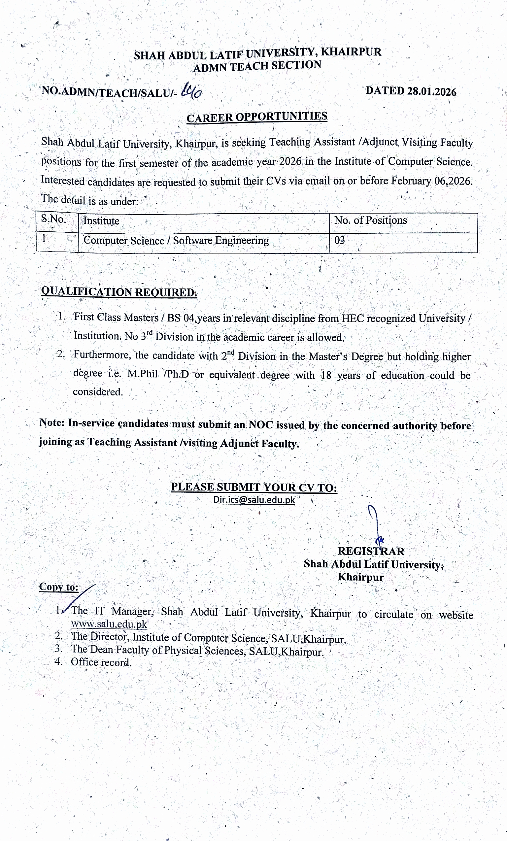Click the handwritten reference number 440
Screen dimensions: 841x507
click(192, 91)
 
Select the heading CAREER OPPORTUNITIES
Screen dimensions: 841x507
click(257, 117)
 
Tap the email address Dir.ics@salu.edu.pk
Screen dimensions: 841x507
click(254, 500)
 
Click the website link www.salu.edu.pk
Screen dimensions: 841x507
click(109, 624)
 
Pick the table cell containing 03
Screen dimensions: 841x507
click(340, 240)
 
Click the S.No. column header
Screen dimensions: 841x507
click(53, 219)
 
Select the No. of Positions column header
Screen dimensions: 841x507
click(370, 220)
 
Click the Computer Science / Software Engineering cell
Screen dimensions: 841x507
click(176, 241)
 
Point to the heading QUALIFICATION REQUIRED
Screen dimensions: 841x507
click(119, 292)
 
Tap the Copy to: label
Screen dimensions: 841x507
click(59, 587)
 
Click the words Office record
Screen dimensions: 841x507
click(101, 662)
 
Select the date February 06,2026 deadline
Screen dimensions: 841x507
click(431, 181)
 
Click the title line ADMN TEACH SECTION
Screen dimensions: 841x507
click(257, 66)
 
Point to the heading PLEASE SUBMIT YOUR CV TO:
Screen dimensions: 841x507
click(254, 487)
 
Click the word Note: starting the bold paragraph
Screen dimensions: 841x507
click(52, 422)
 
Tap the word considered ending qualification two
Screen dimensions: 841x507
click(98, 391)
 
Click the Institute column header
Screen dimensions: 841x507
click(101, 221)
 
